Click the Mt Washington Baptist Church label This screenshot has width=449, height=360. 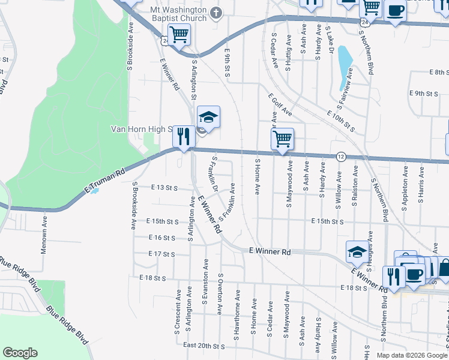pos(170,14)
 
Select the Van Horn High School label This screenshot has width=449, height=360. pos(142,129)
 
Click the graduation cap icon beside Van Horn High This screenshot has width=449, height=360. pos(208,116)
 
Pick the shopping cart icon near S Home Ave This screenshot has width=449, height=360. pos(282,139)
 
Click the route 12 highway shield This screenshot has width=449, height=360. pos(341,156)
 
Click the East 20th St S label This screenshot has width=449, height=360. pos(203,346)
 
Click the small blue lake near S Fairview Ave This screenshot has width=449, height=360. pos(344,65)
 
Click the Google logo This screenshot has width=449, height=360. pos(20,353)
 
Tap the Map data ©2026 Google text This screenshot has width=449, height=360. pos(412,355)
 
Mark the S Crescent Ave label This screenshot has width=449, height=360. pos(178,309)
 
